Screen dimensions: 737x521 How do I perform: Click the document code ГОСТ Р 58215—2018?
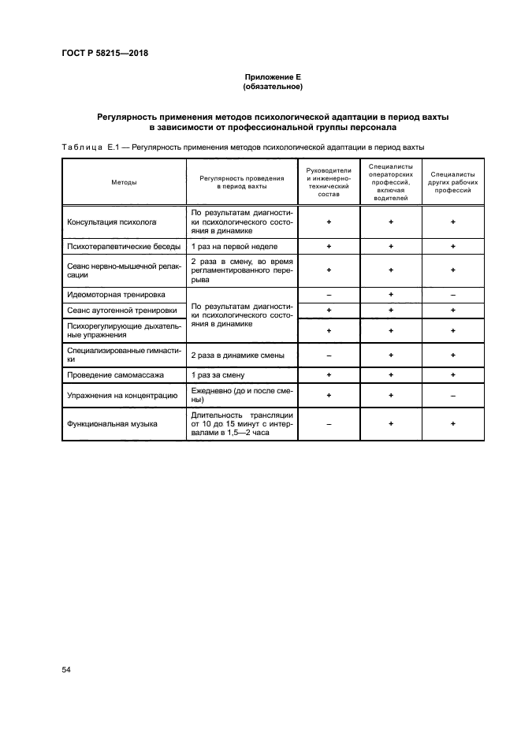click(x=105, y=54)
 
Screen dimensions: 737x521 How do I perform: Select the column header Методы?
click(x=124, y=182)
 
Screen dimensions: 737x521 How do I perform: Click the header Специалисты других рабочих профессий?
click(x=452, y=182)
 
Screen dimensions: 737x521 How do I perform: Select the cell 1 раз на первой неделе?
click(x=234, y=248)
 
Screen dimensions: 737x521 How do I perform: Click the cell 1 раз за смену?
click(x=218, y=375)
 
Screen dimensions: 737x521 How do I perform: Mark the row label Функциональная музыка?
click(x=113, y=424)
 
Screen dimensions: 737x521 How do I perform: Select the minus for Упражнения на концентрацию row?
click(x=452, y=395)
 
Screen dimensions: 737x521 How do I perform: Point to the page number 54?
click(x=66, y=669)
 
